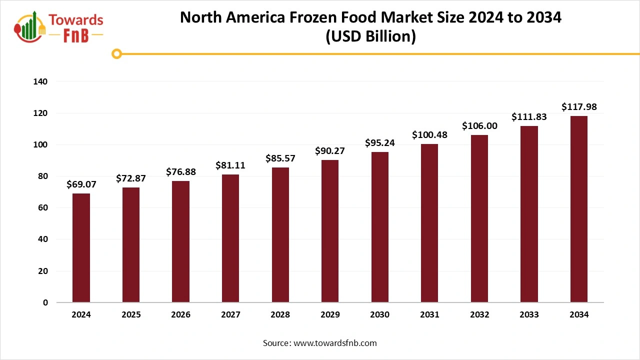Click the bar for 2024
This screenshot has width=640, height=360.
[x=81, y=248]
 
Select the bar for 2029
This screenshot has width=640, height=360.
[x=330, y=231]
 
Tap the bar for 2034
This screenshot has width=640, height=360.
[x=579, y=209]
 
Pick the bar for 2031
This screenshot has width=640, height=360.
[x=429, y=223]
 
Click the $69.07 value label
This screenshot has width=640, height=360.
[x=81, y=184]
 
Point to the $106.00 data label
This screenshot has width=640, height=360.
[x=479, y=126]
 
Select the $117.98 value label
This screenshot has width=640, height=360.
[x=579, y=107]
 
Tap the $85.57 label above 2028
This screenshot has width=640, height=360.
[x=280, y=158]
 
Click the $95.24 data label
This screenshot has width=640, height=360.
[x=380, y=143]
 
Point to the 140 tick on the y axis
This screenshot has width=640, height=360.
[x=41, y=81]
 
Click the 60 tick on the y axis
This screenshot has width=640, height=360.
[x=43, y=208]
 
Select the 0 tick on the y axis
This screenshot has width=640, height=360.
[x=45, y=302]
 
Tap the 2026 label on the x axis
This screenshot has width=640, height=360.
[x=180, y=315]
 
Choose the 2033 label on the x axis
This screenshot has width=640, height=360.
[x=529, y=315]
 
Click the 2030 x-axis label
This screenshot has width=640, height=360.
[x=380, y=315]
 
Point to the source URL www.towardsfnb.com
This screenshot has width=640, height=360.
[x=334, y=343]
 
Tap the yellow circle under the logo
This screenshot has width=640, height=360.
[x=116, y=53]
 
